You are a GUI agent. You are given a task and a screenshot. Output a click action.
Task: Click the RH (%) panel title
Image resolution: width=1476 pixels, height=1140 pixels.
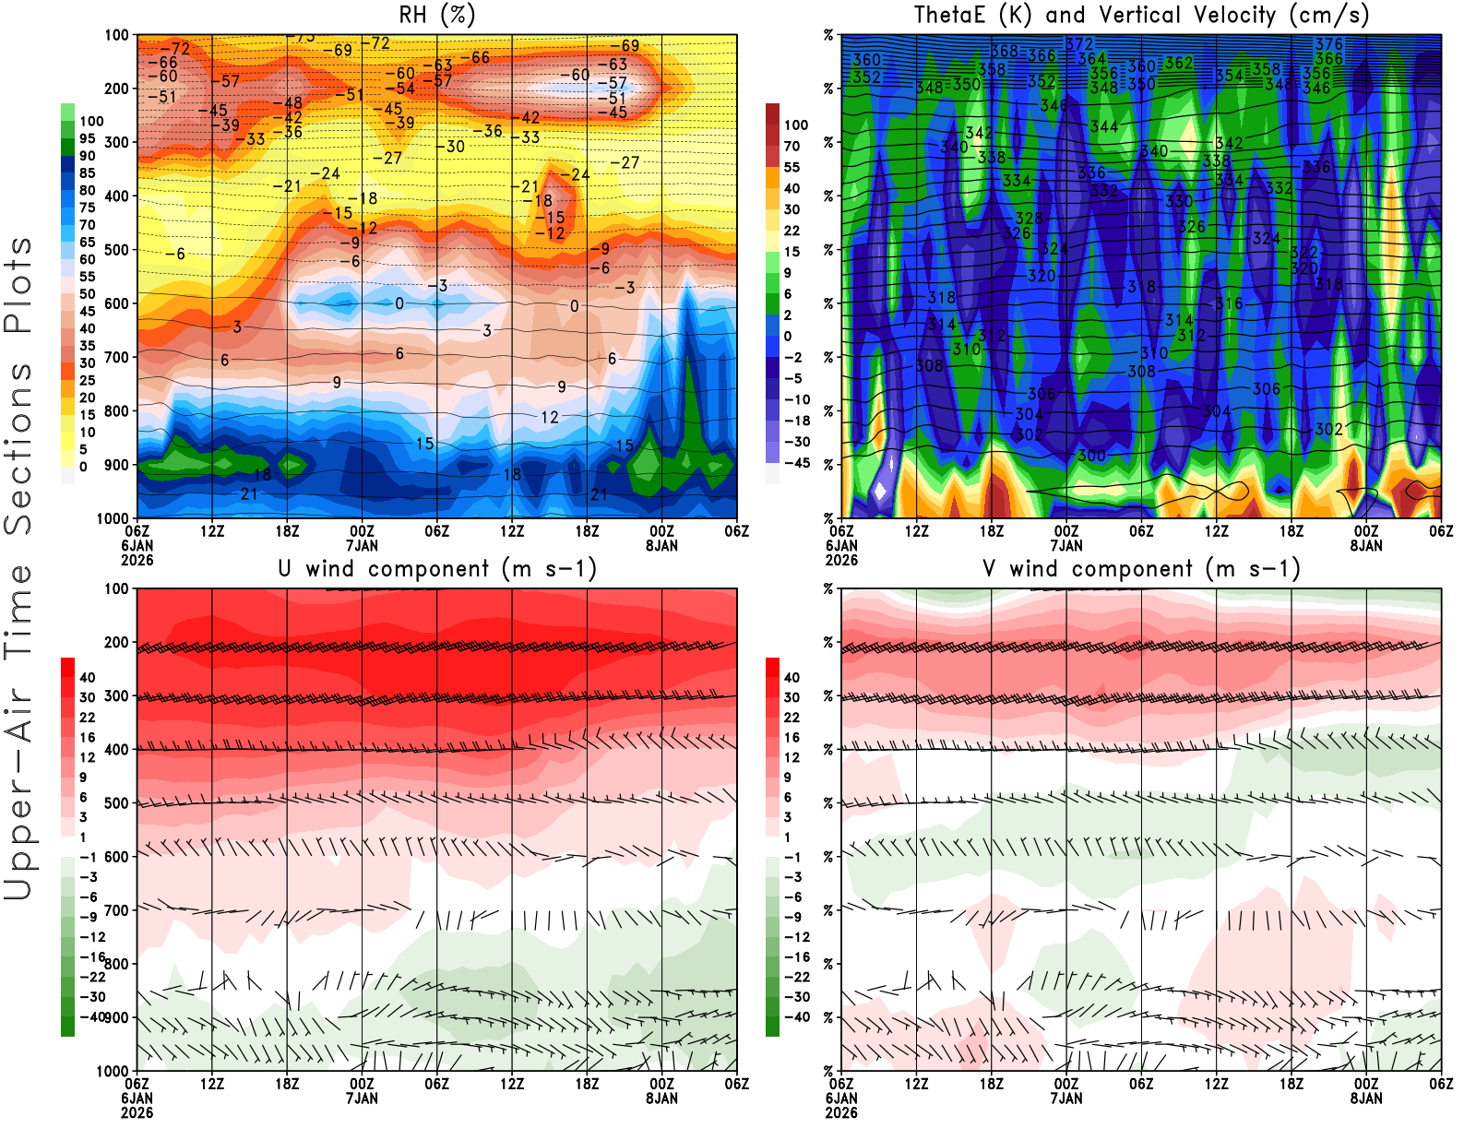coord(436,15)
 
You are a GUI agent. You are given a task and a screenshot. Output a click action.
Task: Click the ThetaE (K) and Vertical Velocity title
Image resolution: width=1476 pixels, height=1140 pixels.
coord(1141,15)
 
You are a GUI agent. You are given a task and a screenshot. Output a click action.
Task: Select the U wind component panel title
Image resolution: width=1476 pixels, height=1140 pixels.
coord(437,568)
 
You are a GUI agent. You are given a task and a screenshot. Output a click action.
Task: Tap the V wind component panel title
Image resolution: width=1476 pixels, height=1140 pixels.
coord(1141,568)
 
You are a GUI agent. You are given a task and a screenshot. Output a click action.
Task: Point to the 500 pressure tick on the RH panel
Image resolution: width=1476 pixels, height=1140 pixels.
coord(116,250)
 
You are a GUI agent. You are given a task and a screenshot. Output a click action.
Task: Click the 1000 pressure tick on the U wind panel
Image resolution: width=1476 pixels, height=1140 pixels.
coord(113,1071)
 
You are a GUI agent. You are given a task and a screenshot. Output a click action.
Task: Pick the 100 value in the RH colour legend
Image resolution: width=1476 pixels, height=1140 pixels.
coord(91,121)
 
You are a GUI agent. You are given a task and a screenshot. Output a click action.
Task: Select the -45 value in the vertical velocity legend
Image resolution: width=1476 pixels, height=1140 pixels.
coord(796,463)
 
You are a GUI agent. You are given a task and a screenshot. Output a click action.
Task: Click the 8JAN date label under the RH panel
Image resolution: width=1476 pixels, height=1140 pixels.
coord(661,546)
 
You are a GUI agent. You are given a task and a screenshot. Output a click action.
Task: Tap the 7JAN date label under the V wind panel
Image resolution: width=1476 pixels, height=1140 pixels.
coord(1066,1098)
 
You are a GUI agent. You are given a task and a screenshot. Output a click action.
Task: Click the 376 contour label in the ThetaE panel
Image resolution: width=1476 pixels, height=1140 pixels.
coord(1328,44)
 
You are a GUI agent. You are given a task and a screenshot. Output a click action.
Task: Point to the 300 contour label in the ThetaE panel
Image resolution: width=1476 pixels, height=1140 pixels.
coord(1091,456)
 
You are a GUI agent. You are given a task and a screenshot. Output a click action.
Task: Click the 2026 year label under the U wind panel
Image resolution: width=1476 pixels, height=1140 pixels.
coord(137,1112)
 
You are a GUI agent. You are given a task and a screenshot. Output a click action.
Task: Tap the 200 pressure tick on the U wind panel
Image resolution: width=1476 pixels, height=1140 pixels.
coord(116,642)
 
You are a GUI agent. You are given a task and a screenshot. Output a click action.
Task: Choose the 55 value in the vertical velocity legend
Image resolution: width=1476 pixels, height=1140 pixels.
coord(792,167)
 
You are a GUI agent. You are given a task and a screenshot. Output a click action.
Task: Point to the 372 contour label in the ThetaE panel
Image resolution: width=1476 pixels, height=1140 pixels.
coord(1078,44)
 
